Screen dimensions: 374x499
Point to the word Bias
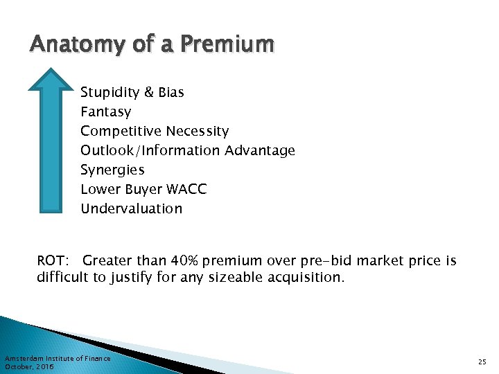tap(170, 92)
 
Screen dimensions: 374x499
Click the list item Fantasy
tap(105, 112)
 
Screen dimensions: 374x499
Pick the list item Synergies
tap(112, 170)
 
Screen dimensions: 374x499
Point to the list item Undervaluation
tap(131, 208)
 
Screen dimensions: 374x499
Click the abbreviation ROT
tap(52, 261)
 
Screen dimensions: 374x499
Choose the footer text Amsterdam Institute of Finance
tap(58, 358)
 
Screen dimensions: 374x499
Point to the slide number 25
tap(482, 362)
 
